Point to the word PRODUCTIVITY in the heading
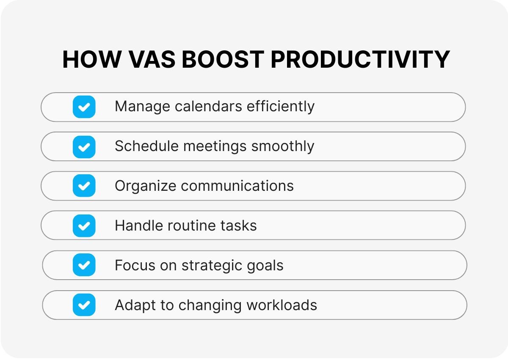pos(360,60)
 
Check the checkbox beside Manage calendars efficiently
pos(84,107)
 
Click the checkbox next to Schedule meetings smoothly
pos(84,146)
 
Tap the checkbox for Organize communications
pos(84,186)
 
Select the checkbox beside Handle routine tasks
pos(84,225)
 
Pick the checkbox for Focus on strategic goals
pos(84,265)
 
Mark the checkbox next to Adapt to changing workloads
pos(84,305)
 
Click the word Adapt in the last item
pos(130,305)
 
